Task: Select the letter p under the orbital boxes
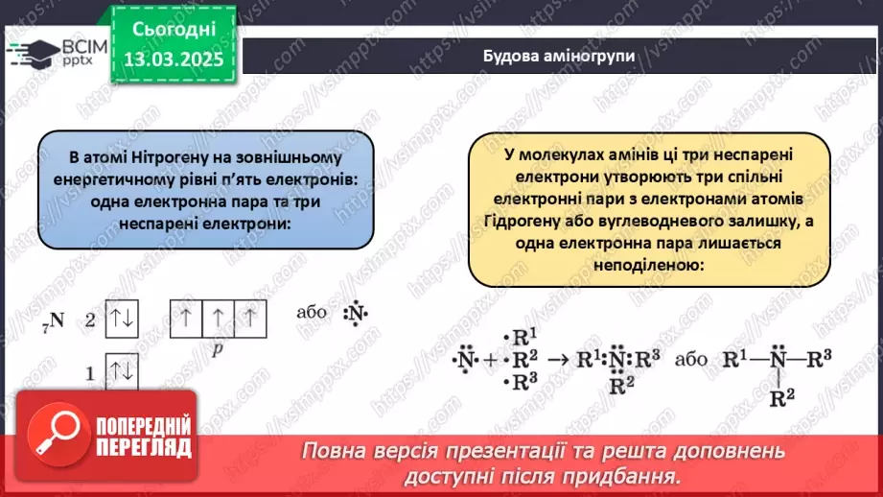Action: [x=218, y=351]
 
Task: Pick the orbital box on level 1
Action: [x=122, y=373]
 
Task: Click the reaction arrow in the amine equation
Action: [x=555, y=363]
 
